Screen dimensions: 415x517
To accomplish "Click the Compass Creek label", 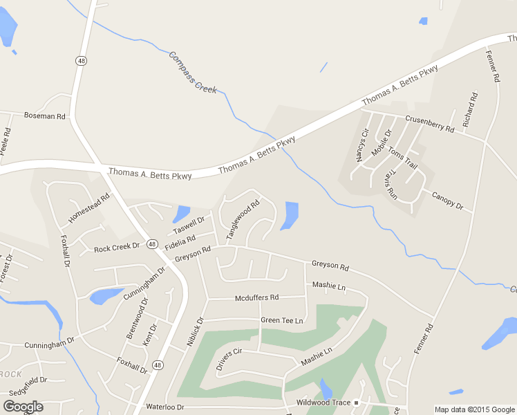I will [193, 73].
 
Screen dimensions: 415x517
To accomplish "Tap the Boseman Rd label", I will [44, 116].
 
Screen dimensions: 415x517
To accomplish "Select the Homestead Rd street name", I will [89, 208].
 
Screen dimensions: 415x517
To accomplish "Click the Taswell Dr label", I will [189, 225].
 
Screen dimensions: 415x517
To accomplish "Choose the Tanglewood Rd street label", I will [243, 219].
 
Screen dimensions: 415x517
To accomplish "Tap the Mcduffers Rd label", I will [256, 297].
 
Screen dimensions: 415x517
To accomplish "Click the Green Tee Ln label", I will [282, 320].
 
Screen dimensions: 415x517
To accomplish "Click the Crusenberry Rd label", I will [429, 124].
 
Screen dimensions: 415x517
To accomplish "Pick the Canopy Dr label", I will [452, 202].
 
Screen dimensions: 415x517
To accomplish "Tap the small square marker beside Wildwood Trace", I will [357, 403].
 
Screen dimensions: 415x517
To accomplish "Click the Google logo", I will [23, 406].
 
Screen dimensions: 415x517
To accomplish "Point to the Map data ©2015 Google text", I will [473, 409].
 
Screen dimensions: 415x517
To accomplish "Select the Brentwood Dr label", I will [137, 317].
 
